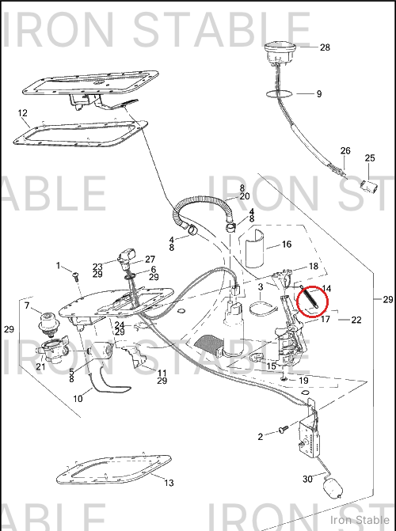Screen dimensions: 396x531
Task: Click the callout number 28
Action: click(x=325, y=47)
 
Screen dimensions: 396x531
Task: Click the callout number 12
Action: click(x=23, y=113)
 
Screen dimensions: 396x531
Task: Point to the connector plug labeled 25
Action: click(x=369, y=187)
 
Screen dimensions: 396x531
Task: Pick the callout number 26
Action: click(x=345, y=150)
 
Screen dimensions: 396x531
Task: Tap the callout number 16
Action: click(x=287, y=244)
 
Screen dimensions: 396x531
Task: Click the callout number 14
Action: click(x=326, y=289)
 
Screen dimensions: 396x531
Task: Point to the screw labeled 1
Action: click(x=75, y=277)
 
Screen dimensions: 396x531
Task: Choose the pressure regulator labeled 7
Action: click(x=48, y=325)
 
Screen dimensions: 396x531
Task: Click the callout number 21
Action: click(x=40, y=366)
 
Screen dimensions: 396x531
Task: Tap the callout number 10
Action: click(x=78, y=399)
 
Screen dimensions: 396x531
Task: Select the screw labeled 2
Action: click(x=283, y=429)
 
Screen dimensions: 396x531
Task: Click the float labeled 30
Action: click(x=333, y=488)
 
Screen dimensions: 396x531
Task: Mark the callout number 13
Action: click(x=169, y=483)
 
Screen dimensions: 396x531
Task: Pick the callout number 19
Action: click(x=303, y=381)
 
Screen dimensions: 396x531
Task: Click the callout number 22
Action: click(x=356, y=320)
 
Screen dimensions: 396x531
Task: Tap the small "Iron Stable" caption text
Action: click(x=360, y=520)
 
